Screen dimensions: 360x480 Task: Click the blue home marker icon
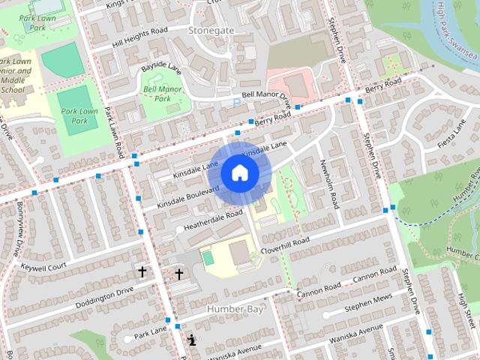pos(239,172)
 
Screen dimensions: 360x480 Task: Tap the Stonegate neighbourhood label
pos(211,30)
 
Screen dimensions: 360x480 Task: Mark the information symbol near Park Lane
pos(193,340)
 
